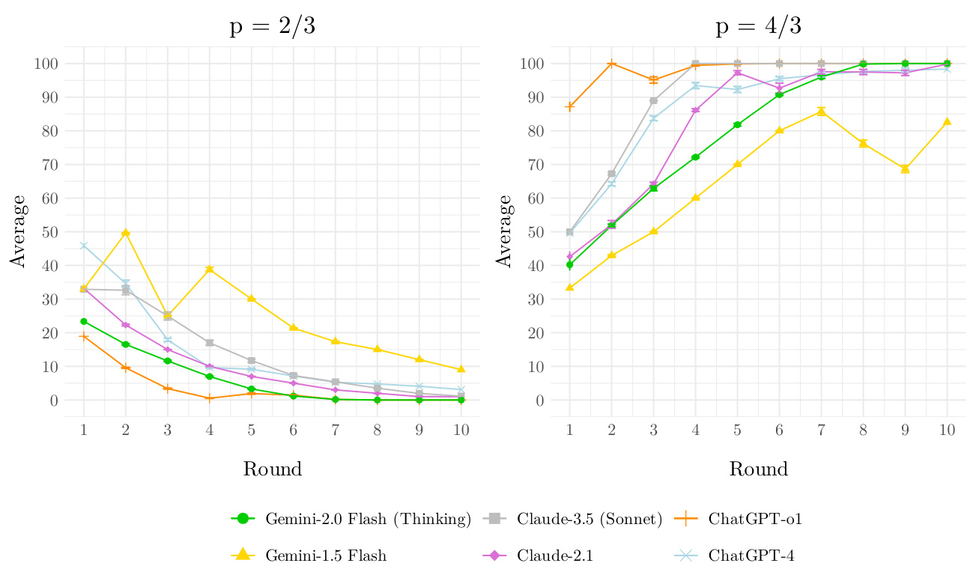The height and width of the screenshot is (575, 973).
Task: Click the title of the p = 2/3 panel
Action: point(272,28)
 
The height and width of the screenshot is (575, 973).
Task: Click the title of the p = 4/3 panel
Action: point(758,28)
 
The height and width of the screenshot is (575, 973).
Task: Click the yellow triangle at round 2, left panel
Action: point(126,233)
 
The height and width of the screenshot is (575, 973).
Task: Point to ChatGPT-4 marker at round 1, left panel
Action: point(84,246)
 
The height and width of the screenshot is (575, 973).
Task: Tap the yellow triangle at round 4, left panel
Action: point(210,269)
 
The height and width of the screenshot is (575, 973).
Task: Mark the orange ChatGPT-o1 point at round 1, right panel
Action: point(570,107)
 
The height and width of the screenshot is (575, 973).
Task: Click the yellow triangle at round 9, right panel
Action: point(905,169)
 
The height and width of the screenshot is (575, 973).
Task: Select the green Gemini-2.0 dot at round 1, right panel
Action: point(570,264)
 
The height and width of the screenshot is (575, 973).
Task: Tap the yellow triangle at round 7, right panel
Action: point(821,112)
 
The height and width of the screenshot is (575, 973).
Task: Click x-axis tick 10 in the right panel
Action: point(947,430)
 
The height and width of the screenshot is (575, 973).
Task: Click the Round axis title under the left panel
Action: point(272,469)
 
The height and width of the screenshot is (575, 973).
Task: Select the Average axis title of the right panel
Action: point(506,232)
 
